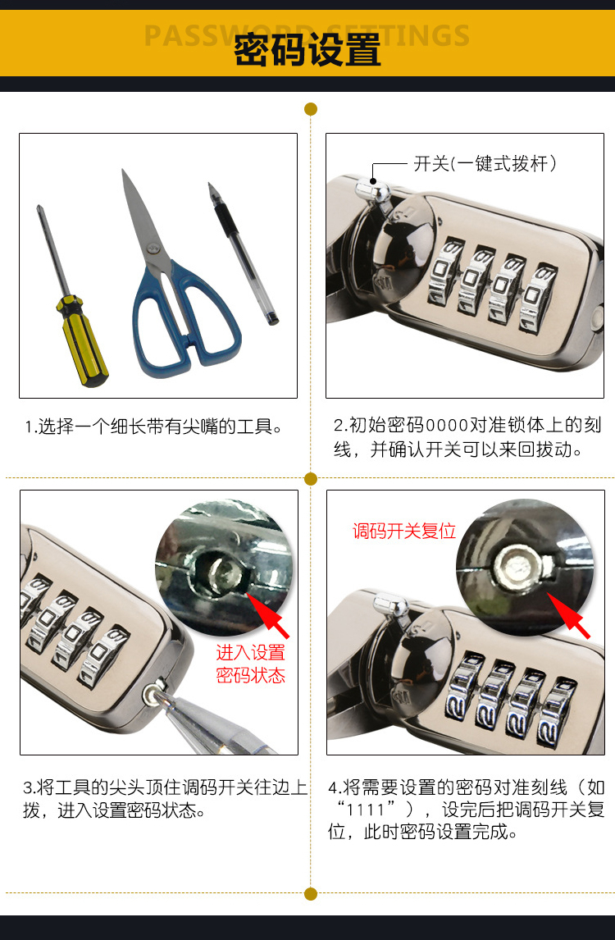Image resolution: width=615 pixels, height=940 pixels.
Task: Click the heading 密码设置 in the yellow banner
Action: (x=307, y=50)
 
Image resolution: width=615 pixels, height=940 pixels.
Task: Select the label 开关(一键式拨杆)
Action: (x=485, y=163)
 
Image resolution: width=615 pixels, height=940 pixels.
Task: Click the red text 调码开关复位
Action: (x=404, y=531)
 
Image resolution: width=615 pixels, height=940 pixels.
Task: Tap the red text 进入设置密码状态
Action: (x=251, y=664)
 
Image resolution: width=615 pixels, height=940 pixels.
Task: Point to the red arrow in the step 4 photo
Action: (x=568, y=615)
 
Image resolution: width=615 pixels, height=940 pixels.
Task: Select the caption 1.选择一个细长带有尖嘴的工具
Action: (x=153, y=427)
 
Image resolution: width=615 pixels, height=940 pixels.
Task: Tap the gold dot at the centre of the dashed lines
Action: (x=311, y=478)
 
